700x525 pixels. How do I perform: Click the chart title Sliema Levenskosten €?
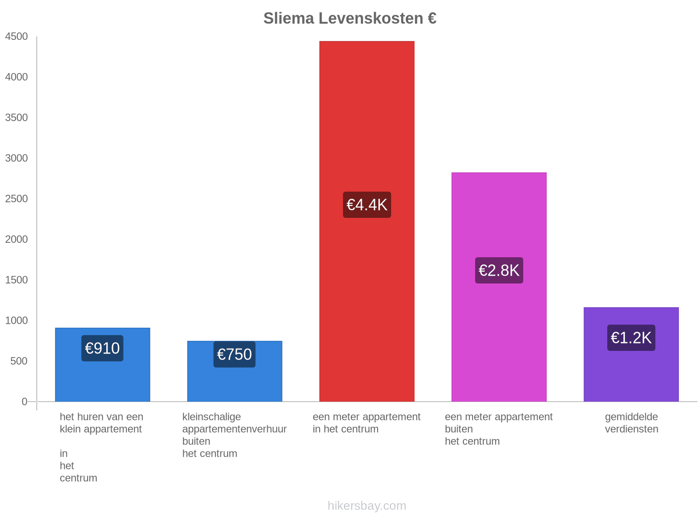pos(350,18)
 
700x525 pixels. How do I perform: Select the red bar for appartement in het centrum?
pos(367,221)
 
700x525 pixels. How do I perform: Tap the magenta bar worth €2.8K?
pos(499,287)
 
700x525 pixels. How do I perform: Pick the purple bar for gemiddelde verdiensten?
pos(631,354)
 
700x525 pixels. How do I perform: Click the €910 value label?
pos(102,348)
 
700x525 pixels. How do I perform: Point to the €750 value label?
pos(234,354)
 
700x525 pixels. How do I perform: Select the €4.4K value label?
pos(367,205)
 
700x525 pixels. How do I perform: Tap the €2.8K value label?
pos(499,270)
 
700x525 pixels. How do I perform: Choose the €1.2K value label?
pos(631,338)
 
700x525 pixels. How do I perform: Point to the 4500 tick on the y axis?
pos(16,36)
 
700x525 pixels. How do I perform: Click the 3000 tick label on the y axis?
pos(16,158)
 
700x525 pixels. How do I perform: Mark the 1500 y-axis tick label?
pos(16,280)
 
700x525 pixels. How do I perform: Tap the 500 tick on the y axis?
pos(19,361)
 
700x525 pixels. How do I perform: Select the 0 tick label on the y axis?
pos(24,401)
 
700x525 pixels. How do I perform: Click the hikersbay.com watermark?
pos(367,506)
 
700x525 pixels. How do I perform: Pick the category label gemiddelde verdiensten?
pos(631,423)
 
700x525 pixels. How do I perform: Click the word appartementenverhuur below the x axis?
pos(234,429)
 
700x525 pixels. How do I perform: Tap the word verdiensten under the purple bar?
pos(631,429)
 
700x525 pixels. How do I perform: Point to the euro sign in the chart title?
pos(432,18)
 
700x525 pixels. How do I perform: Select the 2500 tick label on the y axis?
pos(16,199)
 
